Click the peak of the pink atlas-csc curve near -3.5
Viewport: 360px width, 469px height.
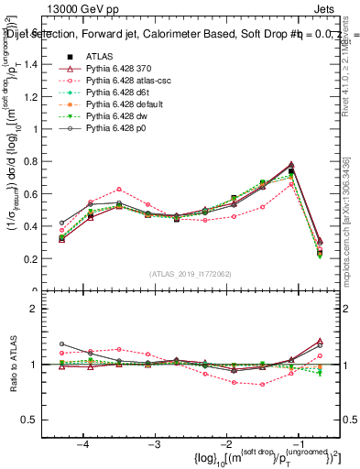(x=119, y=189)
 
